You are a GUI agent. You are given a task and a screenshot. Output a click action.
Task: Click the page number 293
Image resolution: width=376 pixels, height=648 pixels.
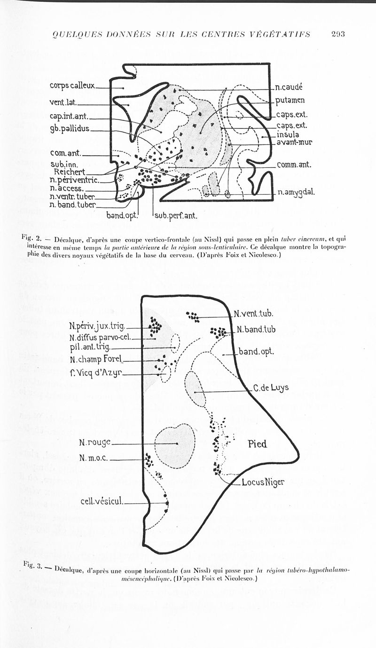(338, 34)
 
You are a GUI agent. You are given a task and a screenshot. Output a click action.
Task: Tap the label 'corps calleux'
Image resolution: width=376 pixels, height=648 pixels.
(72, 86)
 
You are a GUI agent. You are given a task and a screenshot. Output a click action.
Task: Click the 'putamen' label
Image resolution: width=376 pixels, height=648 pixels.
(290, 100)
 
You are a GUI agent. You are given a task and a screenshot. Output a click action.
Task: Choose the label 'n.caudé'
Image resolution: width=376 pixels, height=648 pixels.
(289, 87)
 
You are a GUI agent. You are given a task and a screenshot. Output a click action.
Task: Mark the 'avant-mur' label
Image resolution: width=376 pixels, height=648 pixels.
(294, 142)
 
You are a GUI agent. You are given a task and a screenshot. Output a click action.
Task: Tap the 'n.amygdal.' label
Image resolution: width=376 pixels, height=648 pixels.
(297, 192)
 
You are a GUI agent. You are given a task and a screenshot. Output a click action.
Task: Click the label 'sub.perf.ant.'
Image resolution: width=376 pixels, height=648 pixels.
(174, 216)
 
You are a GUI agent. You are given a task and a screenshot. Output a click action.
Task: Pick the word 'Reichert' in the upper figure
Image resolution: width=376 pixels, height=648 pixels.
(70, 172)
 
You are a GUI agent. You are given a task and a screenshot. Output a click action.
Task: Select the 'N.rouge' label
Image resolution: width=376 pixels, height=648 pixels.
(95, 442)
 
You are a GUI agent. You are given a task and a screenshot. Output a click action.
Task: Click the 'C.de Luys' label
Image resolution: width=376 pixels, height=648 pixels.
(270, 388)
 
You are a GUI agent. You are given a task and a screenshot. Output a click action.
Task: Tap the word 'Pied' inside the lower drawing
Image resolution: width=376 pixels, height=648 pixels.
(257, 443)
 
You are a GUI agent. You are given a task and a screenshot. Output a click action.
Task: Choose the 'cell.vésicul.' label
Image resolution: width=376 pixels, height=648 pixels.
(102, 501)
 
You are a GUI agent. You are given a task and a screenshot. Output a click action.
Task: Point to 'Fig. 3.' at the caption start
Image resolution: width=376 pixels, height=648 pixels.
(32, 566)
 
